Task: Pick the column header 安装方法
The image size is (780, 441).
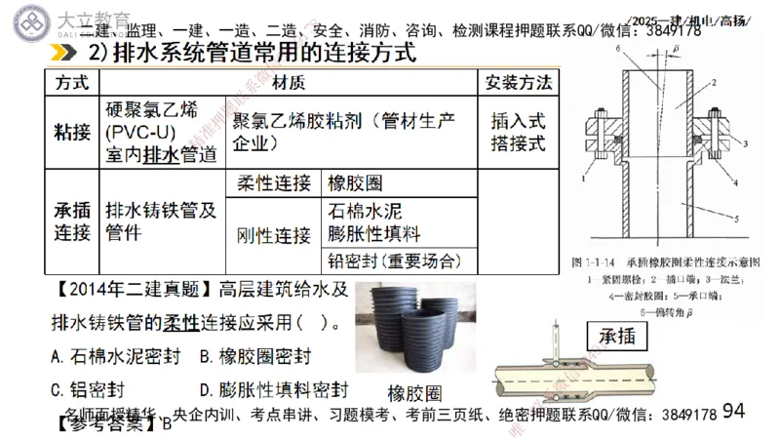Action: coord(518,81)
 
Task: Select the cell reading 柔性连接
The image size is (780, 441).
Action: coord(274,183)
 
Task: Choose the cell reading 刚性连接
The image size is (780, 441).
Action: coord(274,235)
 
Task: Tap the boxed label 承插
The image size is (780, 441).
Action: coord(613,338)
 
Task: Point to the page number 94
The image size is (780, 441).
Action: coord(734,411)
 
